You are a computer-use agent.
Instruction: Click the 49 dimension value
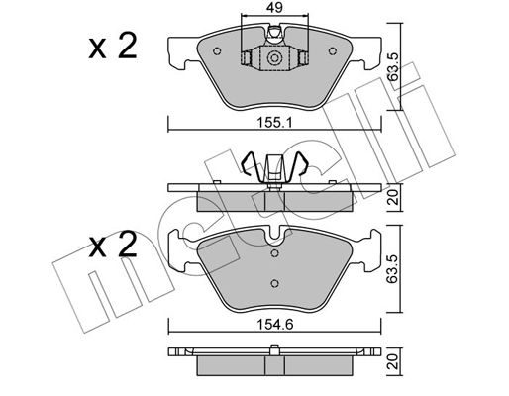click(274, 8)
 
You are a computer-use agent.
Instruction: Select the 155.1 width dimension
click(274, 124)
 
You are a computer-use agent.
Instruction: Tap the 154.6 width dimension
click(274, 325)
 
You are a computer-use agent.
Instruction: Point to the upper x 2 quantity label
click(113, 47)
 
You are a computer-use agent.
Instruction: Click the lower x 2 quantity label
click(113, 245)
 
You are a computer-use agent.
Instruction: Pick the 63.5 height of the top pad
click(393, 67)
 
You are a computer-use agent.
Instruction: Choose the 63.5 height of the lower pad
click(393, 268)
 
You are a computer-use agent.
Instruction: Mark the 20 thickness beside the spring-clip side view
click(394, 198)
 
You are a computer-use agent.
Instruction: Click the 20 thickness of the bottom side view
click(394, 361)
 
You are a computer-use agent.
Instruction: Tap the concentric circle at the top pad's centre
click(274, 58)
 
